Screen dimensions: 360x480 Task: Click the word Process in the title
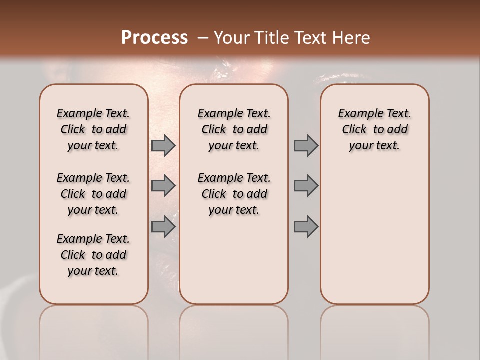pos(154,38)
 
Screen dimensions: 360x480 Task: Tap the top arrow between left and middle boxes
pos(163,145)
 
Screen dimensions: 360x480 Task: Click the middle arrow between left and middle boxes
pos(163,186)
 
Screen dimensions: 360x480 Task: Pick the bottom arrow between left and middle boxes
pos(163,227)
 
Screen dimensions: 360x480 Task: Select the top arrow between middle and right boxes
pos(306,145)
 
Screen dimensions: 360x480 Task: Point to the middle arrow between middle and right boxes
pos(306,186)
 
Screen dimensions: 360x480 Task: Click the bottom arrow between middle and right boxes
pos(306,227)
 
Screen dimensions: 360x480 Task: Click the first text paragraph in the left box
pos(93,129)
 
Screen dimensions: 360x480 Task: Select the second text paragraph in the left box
pos(93,194)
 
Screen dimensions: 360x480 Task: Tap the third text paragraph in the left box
pos(93,255)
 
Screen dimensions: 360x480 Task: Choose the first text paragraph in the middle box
pos(234,129)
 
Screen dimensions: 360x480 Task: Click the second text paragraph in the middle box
pos(234,194)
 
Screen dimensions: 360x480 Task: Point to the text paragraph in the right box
pos(374,129)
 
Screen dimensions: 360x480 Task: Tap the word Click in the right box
pos(354,130)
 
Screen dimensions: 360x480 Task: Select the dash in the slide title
pos(203,38)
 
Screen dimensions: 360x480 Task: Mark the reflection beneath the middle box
pos(234,330)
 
